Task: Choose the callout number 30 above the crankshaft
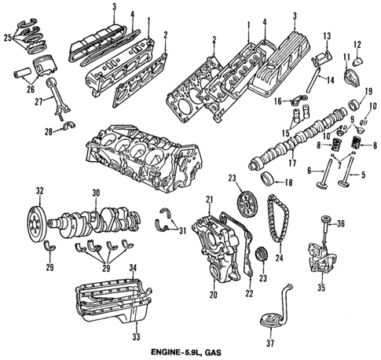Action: point(94,192)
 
